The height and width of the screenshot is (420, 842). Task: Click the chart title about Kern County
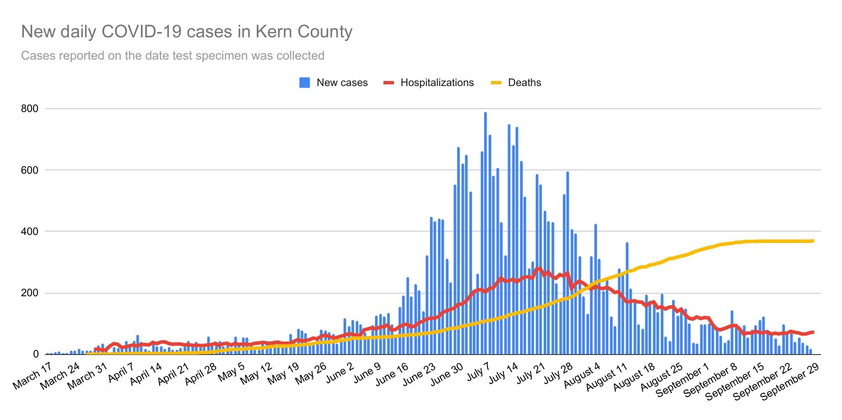click(187, 31)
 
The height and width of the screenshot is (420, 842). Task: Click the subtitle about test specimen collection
click(172, 55)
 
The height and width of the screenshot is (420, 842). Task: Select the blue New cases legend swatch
click(305, 83)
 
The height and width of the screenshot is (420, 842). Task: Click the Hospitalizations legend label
click(437, 83)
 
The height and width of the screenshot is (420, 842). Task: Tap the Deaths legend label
click(524, 83)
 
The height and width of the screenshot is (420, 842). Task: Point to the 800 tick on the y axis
click(29, 109)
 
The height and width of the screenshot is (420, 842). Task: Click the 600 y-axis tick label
click(29, 170)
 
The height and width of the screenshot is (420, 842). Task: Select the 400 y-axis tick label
click(29, 232)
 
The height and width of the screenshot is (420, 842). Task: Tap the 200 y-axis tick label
click(29, 293)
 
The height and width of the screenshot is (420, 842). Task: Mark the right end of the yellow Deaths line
click(813, 241)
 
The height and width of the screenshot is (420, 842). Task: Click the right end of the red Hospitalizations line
click(813, 332)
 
